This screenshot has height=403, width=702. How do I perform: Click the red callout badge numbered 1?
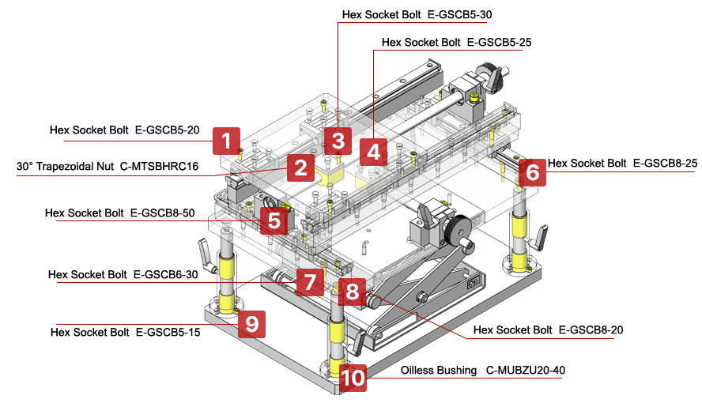(x=226, y=141)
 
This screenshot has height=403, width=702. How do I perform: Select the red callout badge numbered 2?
(x=299, y=168)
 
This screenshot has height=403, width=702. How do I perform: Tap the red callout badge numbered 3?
(x=338, y=141)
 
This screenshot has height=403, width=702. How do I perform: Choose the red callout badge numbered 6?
(x=532, y=171)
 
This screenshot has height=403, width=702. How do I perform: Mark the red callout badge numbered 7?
(x=310, y=281)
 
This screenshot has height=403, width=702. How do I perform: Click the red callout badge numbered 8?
(x=352, y=292)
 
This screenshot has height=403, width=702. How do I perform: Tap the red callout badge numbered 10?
(x=353, y=379)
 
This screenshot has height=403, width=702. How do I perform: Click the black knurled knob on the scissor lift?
(x=460, y=233)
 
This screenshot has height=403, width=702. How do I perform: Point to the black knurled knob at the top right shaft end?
(x=496, y=75)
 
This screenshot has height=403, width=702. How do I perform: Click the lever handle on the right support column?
(x=542, y=235)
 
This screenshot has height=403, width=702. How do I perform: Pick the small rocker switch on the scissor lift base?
(x=474, y=279)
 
